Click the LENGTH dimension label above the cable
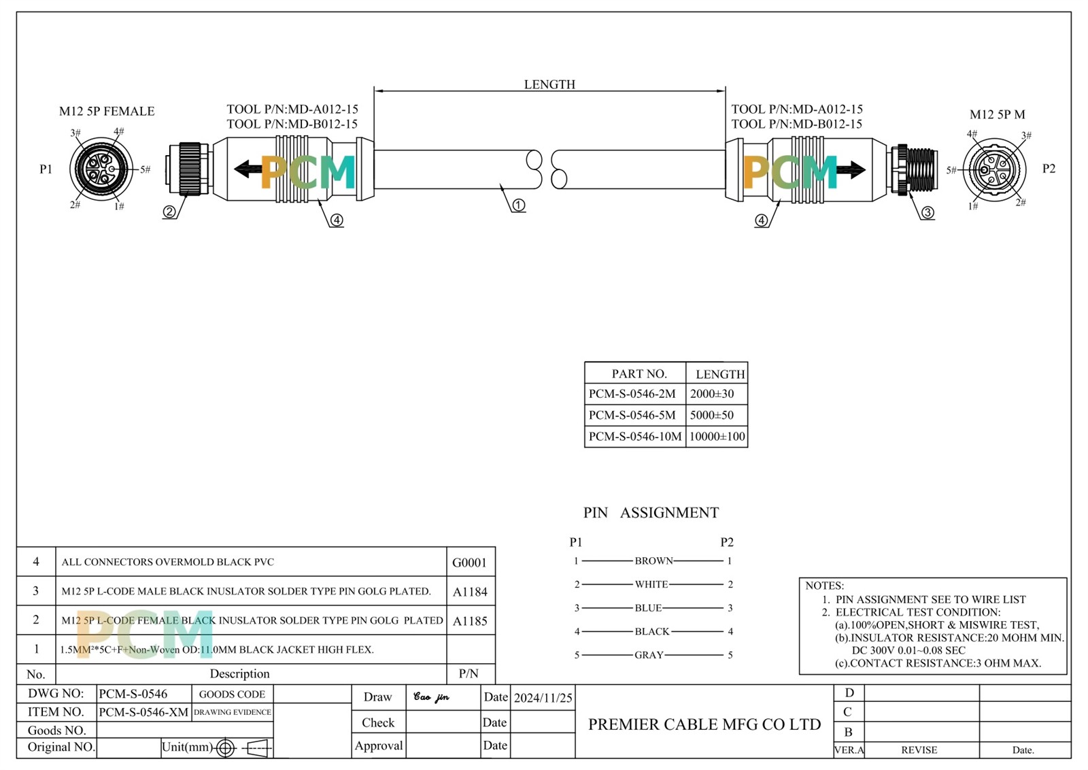click(x=549, y=84)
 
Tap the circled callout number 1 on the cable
click(x=518, y=205)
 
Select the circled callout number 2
click(x=169, y=212)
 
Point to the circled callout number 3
click(x=928, y=213)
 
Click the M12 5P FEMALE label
click(x=107, y=112)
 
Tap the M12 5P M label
click(x=997, y=114)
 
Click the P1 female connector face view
click(x=100, y=169)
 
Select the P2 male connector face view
click(x=993, y=169)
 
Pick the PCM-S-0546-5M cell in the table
click(x=632, y=415)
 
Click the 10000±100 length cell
click(x=717, y=437)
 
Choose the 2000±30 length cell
click(x=712, y=394)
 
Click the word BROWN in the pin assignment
click(x=653, y=561)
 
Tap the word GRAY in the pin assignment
click(x=649, y=655)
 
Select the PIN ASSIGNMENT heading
click(x=651, y=513)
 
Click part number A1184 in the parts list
click(x=470, y=592)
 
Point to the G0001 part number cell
click(x=470, y=563)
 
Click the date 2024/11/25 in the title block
click(x=543, y=698)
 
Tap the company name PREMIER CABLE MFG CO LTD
click(x=704, y=724)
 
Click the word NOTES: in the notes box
click(x=824, y=586)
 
